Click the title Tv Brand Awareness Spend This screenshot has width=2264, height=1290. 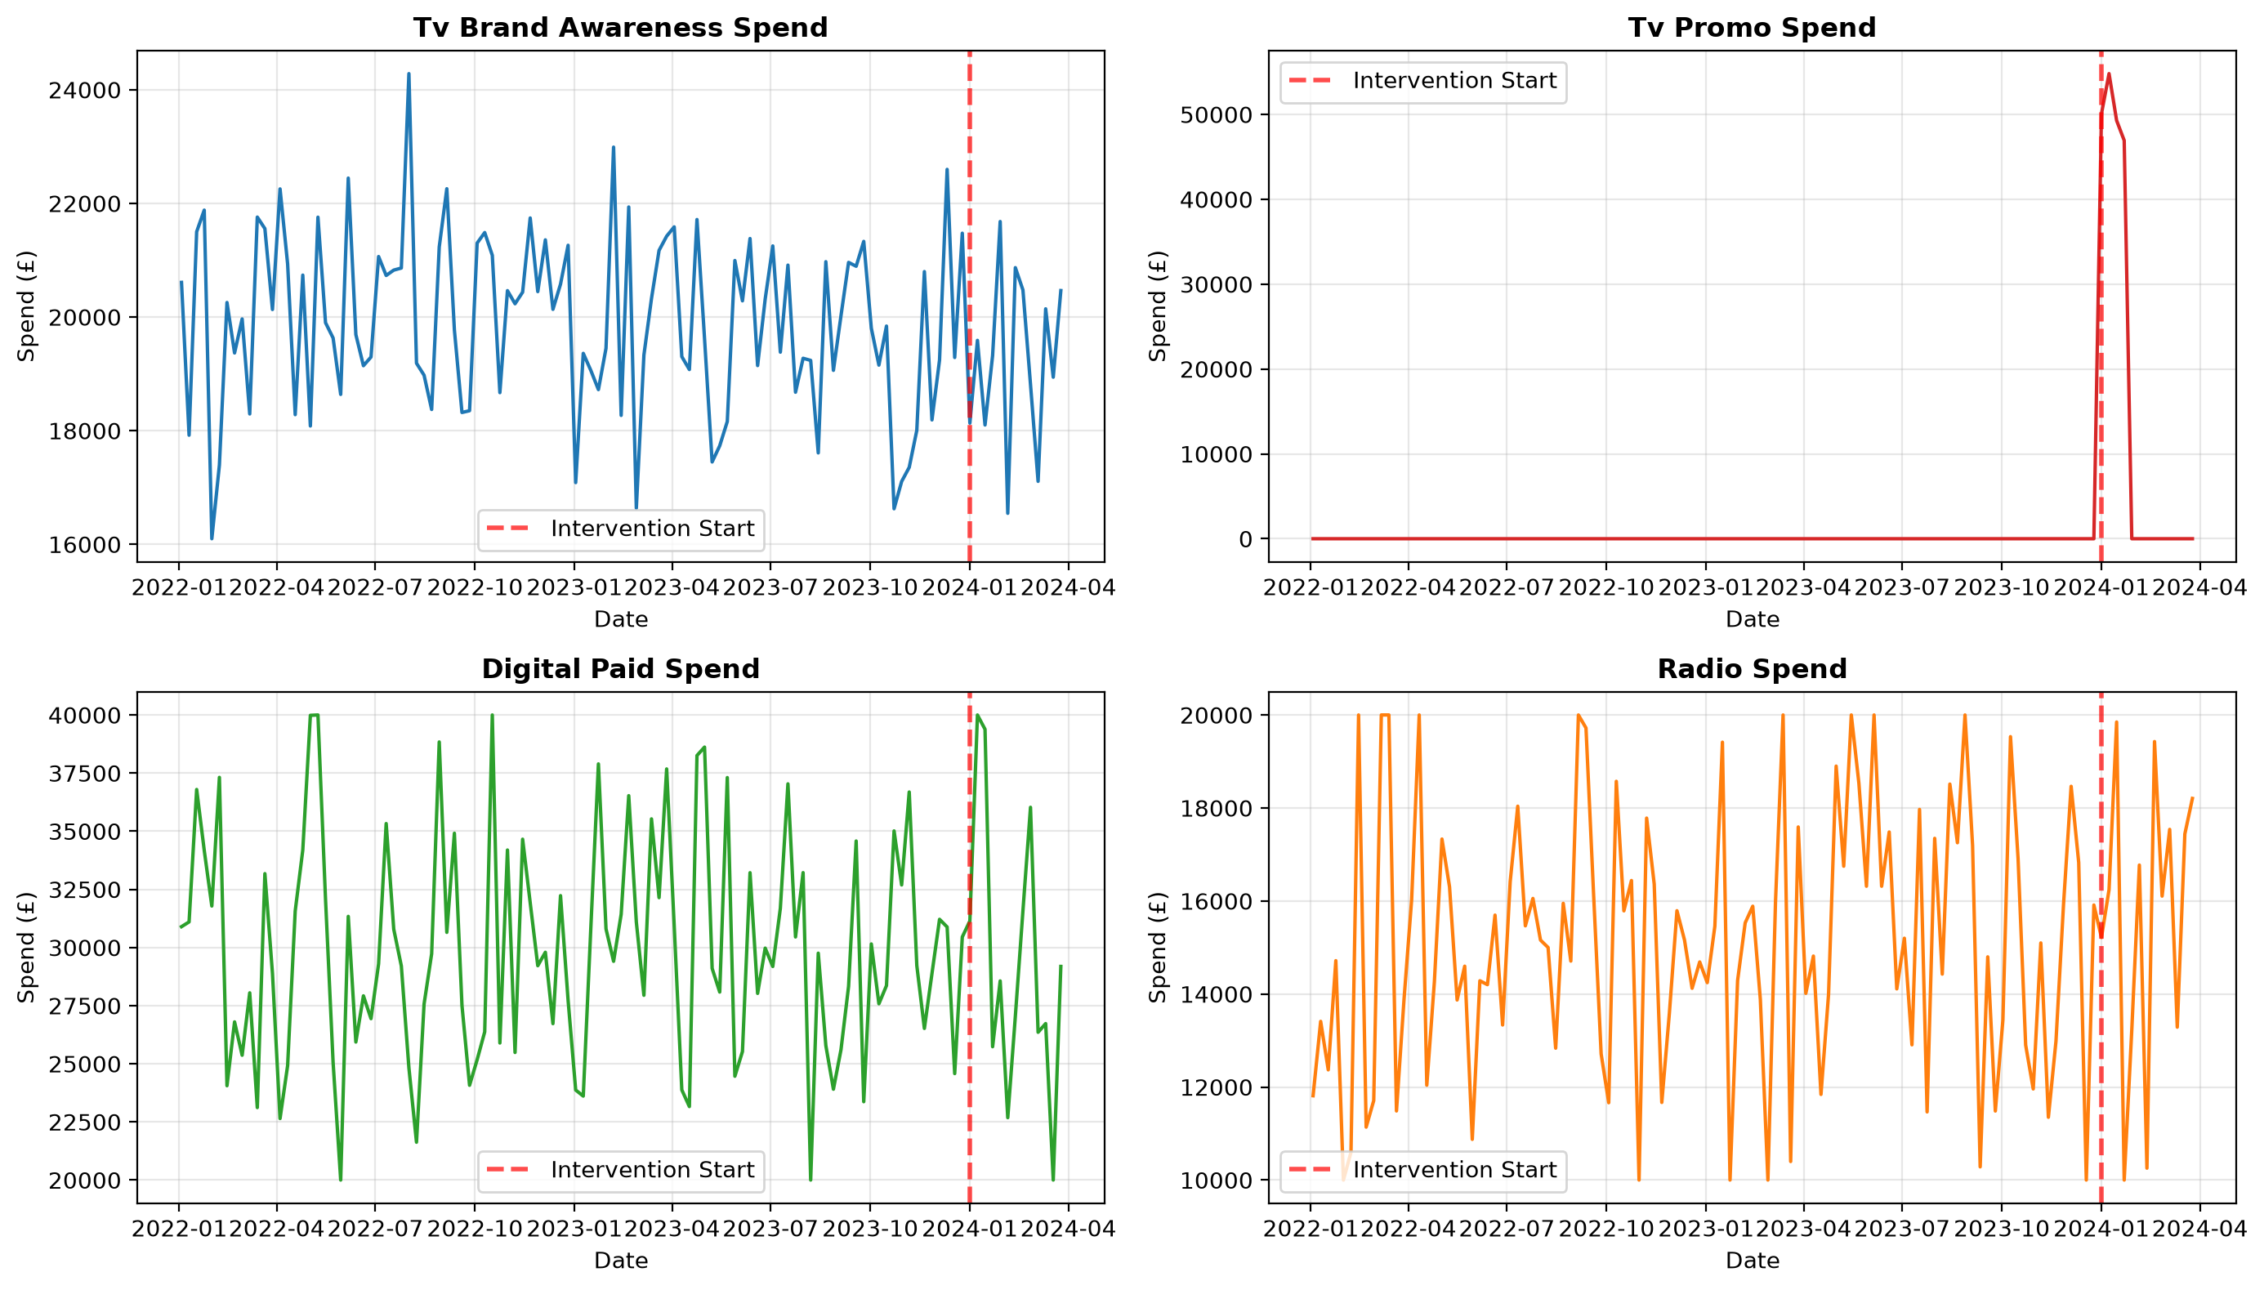coord(620,28)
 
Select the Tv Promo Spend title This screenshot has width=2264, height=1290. coord(1751,28)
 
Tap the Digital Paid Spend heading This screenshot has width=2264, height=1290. coord(620,669)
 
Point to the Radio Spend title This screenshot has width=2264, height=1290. coord(1751,669)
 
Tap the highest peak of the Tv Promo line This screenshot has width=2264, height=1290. coord(2109,74)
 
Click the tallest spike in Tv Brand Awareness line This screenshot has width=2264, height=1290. coord(409,74)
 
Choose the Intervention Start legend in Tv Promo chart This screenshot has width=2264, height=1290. coord(1422,82)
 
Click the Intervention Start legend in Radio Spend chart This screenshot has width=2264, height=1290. coord(1422,1171)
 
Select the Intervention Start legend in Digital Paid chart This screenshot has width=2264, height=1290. coord(620,1171)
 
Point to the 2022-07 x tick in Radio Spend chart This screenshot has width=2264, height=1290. coord(1506,1229)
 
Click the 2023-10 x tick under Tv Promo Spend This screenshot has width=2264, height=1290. coord(2000,587)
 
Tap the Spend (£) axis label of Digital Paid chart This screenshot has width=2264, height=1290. coord(27,947)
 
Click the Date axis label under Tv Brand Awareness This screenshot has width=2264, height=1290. coord(620,619)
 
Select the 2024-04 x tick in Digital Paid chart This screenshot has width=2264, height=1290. coord(1067,1229)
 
